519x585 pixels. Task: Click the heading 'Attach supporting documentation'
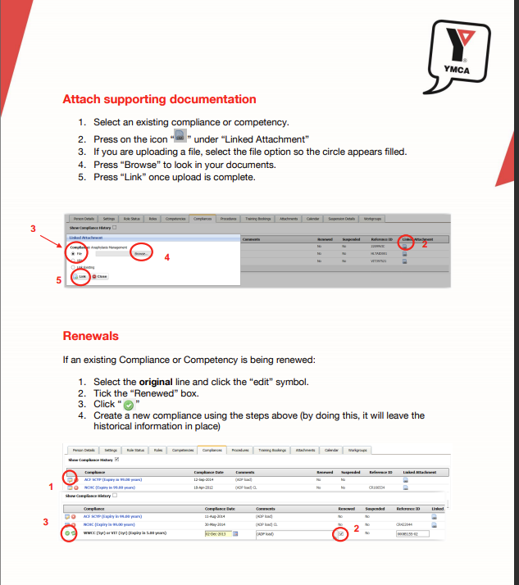point(159,99)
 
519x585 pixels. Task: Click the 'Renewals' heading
point(90,336)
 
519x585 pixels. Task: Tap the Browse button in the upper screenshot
point(142,254)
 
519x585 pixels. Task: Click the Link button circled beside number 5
point(81,277)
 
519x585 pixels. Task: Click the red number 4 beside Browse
point(167,257)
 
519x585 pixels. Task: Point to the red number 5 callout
point(58,280)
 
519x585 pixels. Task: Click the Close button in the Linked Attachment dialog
point(100,277)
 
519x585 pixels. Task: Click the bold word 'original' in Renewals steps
point(156,383)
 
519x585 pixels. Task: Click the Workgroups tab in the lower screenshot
point(357,450)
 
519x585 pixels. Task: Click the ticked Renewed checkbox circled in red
point(340,534)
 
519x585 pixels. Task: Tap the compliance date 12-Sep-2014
point(207,480)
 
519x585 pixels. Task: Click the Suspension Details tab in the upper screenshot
point(342,219)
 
